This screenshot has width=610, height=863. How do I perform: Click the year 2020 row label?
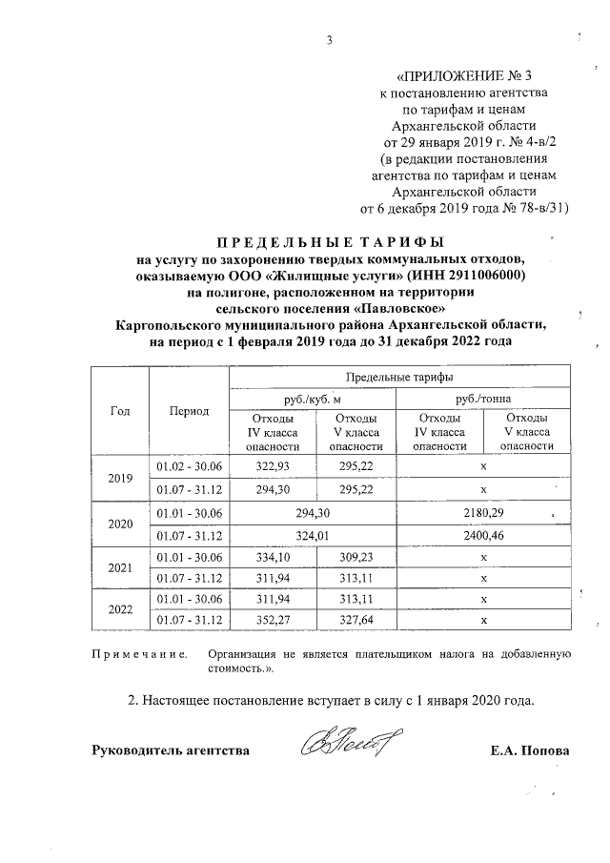pos(120,524)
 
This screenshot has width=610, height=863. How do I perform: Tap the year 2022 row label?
pos(120,609)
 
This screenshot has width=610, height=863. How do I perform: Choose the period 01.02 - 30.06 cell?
pos(189,465)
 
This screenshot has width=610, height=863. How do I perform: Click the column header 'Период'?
pos(189,411)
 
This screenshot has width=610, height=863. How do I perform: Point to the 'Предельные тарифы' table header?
pos(399,378)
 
